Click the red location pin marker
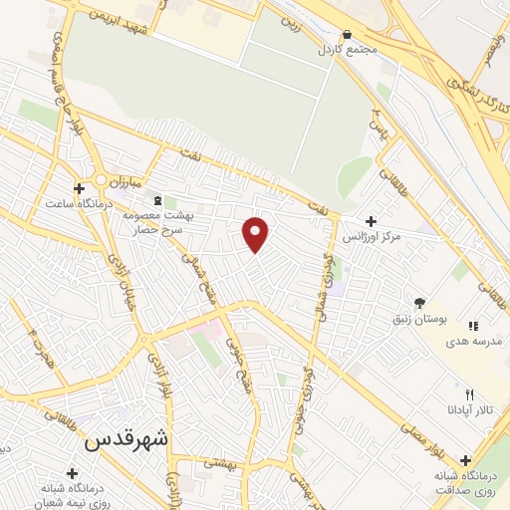point(257,233)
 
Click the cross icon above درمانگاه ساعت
point(79,187)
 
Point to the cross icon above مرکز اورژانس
point(371,221)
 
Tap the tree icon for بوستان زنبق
point(419,303)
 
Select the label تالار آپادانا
point(461,409)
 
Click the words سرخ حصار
point(148,228)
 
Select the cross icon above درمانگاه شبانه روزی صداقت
point(466,460)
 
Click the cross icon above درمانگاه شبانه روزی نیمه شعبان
point(71,473)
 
